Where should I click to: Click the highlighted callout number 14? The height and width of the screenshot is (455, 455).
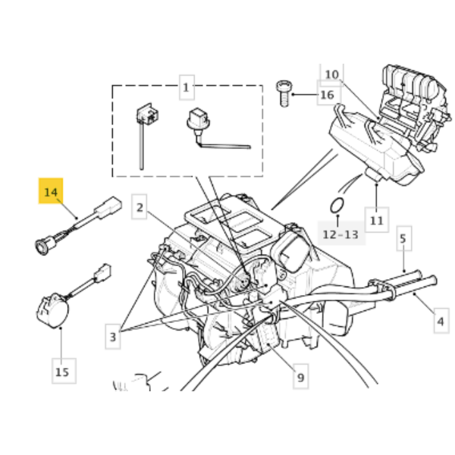click(52, 193)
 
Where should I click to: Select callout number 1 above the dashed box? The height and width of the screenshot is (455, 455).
click(186, 88)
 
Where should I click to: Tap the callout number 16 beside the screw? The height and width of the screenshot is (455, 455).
click(326, 95)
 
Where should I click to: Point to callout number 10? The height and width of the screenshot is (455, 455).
click(332, 74)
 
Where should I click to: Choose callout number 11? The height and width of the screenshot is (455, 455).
click(377, 220)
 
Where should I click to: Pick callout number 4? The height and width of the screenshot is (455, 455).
click(441, 322)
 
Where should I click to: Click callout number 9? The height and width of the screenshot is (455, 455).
click(300, 377)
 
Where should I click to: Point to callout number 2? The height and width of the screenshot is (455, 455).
click(140, 206)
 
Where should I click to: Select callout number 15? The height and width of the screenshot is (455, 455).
click(62, 372)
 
